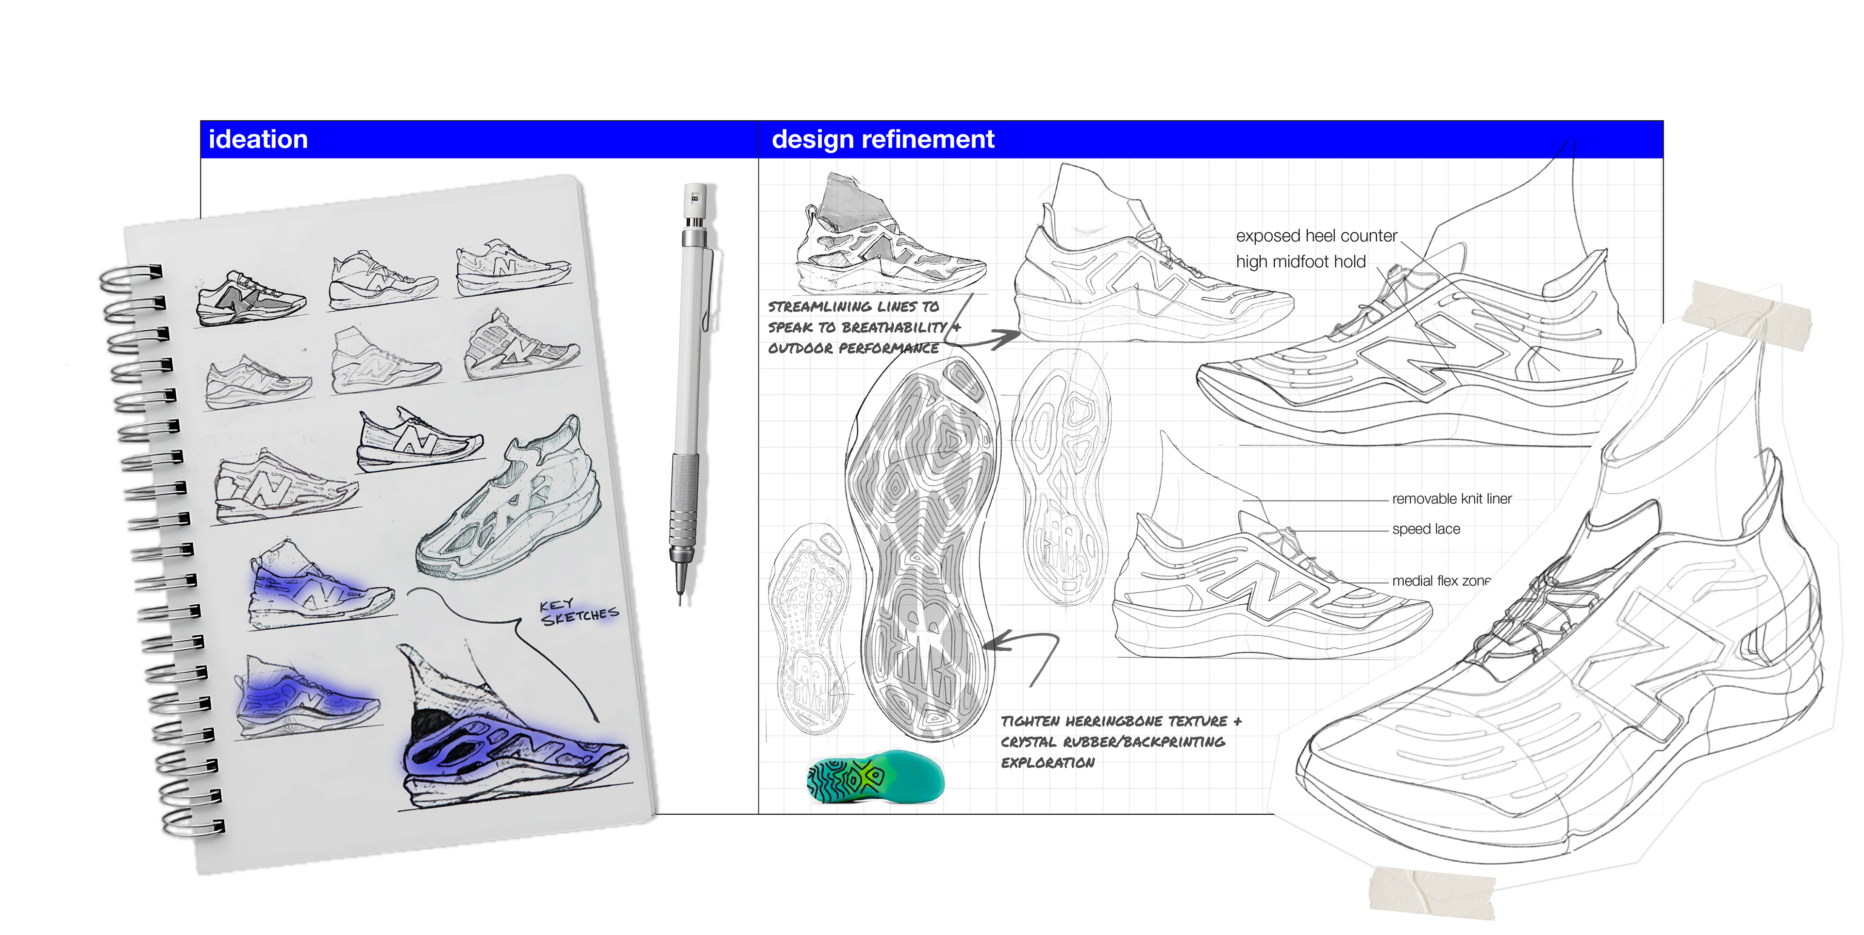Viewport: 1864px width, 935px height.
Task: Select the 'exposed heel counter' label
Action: click(x=1315, y=236)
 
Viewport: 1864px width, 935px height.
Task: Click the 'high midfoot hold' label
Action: click(x=1300, y=262)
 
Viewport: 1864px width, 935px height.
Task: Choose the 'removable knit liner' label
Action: click(x=1451, y=499)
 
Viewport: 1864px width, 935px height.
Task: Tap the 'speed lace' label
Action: click(x=1426, y=529)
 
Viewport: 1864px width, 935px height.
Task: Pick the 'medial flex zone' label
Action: click(x=1440, y=580)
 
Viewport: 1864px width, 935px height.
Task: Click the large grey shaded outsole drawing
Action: click(x=920, y=549)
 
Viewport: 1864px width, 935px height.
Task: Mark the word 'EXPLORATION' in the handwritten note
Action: click(x=1047, y=763)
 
